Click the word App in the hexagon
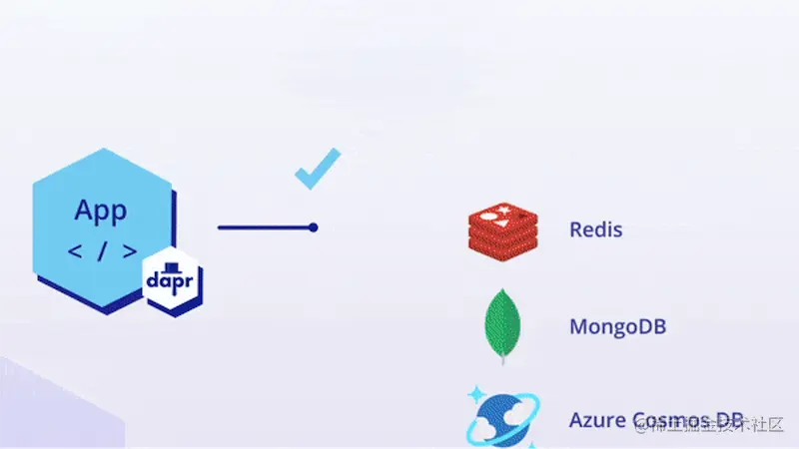click(x=101, y=211)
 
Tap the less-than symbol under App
click(x=75, y=250)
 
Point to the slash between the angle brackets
click(x=101, y=250)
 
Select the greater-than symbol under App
click(x=128, y=250)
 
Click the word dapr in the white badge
click(x=172, y=282)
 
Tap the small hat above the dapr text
click(x=172, y=266)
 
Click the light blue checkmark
click(x=318, y=167)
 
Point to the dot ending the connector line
click(x=314, y=227)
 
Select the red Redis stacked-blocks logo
click(x=501, y=228)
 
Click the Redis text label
click(x=595, y=229)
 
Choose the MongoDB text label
click(x=617, y=326)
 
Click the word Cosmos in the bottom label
click(x=666, y=419)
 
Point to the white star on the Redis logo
click(x=490, y=213)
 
